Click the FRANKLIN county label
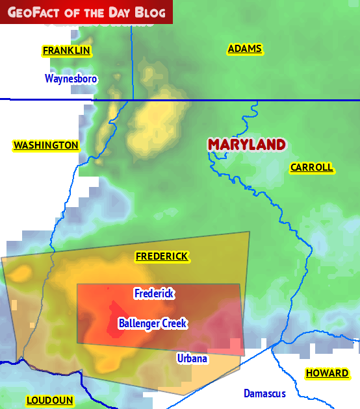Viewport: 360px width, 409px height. pyautogui.click(x=66, y=51)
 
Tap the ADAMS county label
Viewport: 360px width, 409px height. pyautogui.click(x=244, y=49)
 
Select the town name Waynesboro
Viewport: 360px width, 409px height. pyautogui.click(x=71, y=79)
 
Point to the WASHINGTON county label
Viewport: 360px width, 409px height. pyautogui.click(x=46, y=145)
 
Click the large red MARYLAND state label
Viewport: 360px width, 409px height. pyautogui.click(x=246, y=144)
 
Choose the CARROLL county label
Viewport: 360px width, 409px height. pyautogui.click(x=311, y=167)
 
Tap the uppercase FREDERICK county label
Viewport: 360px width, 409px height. pyautogui.click(x=162, y=256)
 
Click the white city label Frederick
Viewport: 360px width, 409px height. pyautogui.click(x=154, y=294)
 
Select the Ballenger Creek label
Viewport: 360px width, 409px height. pyautogui.click(x=153, y=323)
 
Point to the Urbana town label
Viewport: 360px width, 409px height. pyautogui.click(x=192, y=358)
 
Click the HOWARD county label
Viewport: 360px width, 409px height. pyautogui.click(x=327, y=373)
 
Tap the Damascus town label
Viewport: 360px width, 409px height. pyautogui.click(x=264, y=393)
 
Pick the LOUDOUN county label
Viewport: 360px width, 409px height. pyautogui.click(x=49, y=401)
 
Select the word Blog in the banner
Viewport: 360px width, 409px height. pyautogui.click(x=150, y=12)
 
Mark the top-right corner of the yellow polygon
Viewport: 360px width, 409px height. pyautogui.click(x=249, y=232)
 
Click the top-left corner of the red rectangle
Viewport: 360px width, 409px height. pyautogui.click(x=77, y=284)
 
